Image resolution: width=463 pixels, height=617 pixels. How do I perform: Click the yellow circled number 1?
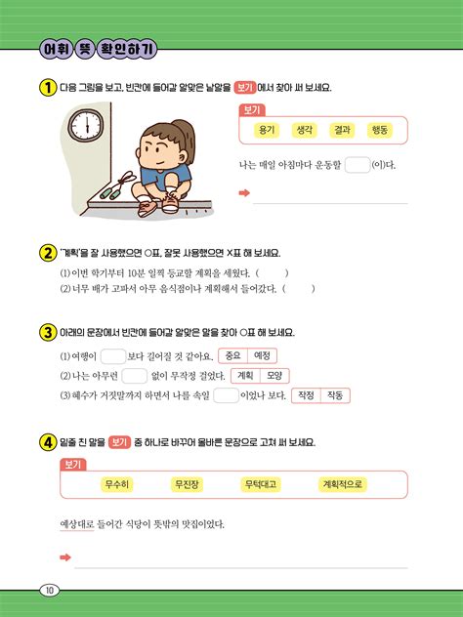coord(46,88)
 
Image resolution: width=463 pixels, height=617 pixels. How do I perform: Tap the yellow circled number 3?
coord(46,332)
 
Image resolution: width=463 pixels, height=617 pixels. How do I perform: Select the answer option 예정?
coord(262,355)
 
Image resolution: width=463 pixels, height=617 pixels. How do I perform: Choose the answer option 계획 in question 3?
coord(246,376)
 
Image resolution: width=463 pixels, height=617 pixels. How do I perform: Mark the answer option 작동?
coord(335,395)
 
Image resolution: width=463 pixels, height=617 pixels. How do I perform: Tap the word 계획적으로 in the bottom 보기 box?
coord(343,484)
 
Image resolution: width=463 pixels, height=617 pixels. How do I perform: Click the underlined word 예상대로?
coord(76,524)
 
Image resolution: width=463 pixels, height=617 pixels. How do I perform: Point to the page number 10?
coord(50,589)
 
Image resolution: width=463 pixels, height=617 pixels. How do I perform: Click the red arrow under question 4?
coord(65,557)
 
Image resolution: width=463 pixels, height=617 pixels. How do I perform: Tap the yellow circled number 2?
coord(46,252)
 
